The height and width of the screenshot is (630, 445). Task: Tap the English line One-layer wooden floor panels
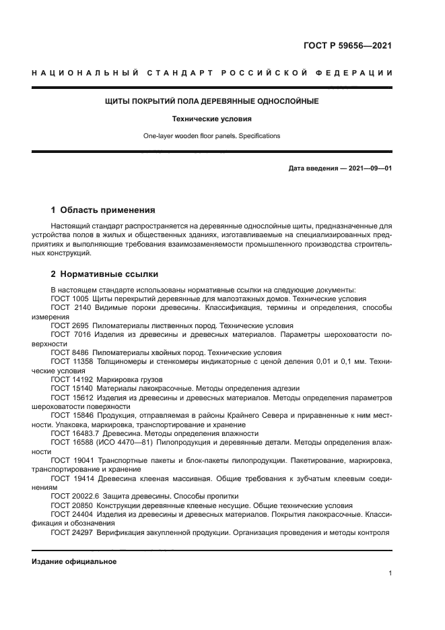(x=211, y=135)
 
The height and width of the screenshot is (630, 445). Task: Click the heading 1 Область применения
(x=103, y=210)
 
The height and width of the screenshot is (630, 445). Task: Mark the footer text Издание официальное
(x=74, y=561)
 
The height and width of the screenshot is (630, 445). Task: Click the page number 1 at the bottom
(x=390, y=573)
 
